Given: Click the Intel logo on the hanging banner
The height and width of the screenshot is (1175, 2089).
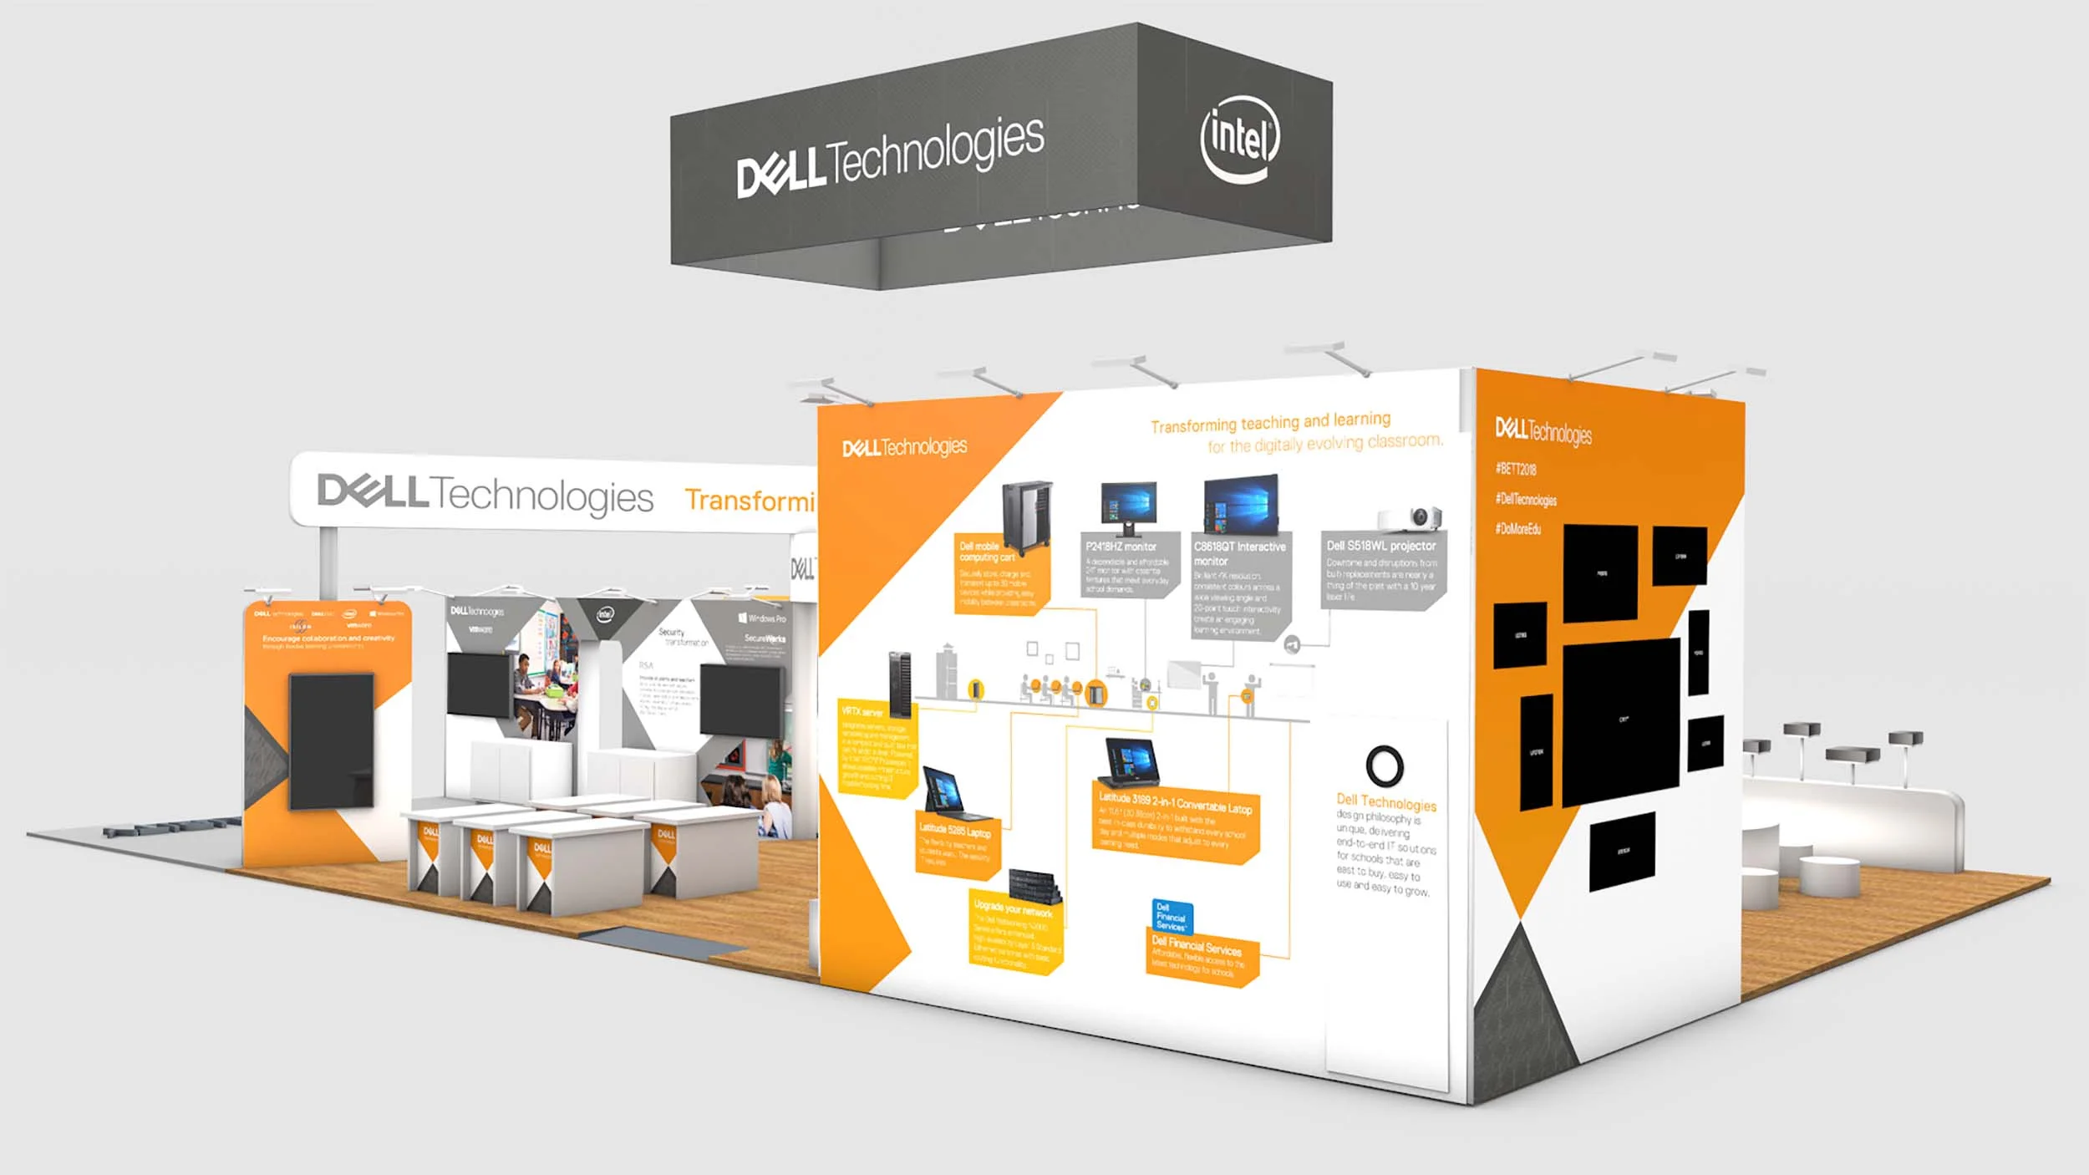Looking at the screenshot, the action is pos(1240,139).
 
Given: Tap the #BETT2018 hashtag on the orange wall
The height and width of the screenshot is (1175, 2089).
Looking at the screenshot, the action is pos(1516,469).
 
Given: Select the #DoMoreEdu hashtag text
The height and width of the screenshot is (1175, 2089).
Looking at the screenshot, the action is pos(1518,529).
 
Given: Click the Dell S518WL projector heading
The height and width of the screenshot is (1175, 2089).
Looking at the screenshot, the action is pos(1381,546).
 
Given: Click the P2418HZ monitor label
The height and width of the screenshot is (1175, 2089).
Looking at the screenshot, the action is pos(1121,547).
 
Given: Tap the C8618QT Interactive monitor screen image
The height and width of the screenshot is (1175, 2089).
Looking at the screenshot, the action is pos(1241,505).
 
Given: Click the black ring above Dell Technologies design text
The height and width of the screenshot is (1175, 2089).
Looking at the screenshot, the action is pos(1385,766).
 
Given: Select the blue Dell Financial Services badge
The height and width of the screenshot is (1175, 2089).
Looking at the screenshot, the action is pos(1172,916).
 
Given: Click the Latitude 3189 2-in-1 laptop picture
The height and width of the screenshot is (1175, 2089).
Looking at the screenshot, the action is pos(1131,763).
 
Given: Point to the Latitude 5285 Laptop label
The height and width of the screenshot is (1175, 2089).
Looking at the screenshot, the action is pos(955,832).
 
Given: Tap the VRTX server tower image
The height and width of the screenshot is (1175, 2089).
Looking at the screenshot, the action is pos(900,684).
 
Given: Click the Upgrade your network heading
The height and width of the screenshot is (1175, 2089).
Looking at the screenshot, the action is pos(1013,908).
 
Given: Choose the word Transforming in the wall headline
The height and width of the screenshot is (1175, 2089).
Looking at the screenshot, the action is pos(1193,426).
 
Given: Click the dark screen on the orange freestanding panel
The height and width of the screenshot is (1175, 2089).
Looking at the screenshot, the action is pos(332,740).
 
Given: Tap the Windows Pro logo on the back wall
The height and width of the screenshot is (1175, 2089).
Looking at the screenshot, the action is pos(762,618).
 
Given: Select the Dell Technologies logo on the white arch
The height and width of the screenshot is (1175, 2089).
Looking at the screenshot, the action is pos(485,494).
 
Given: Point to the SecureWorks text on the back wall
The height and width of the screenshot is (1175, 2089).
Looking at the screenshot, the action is pos(765,638).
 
